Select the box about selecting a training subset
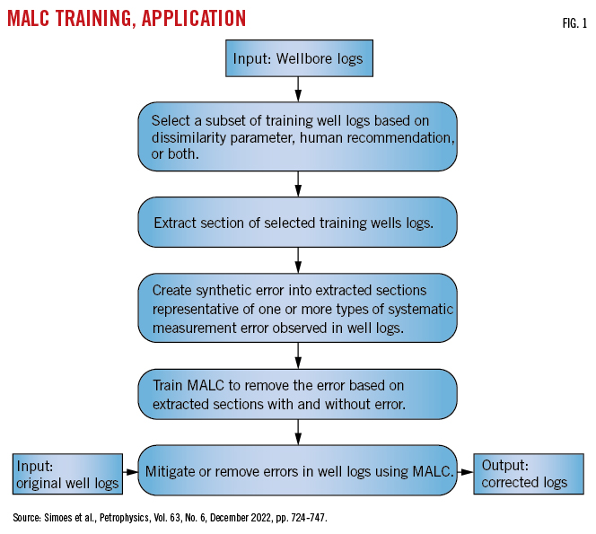297,136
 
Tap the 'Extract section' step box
297,222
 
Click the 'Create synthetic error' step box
297,308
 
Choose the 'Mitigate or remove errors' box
297,468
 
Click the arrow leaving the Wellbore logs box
297,90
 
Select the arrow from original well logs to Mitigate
130,469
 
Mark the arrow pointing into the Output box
465,469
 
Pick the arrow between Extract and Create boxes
297,261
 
